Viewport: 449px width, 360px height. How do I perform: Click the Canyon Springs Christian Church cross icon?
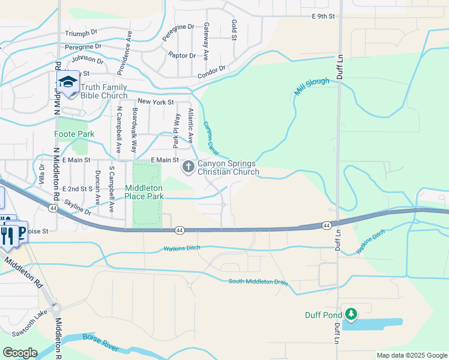point(188,166)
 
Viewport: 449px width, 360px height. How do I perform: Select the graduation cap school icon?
point(68,82)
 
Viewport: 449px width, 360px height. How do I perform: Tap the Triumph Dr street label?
point(80,33)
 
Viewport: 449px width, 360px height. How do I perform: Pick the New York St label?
point(155,102)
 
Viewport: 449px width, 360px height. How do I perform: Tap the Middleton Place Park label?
point(144,192)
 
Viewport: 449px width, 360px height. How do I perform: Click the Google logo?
point(20,353)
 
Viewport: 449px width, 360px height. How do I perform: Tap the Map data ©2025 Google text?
point(411,355)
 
